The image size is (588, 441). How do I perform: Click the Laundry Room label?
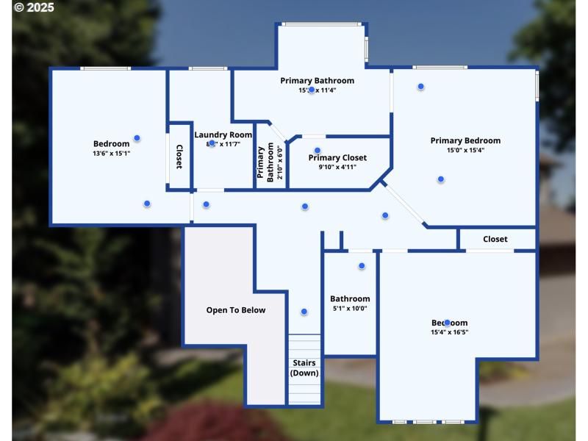[223, 135]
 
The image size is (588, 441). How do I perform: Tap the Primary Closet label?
[337, 157]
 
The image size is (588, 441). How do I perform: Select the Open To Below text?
[235, 310]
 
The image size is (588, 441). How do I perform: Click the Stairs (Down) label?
[304, 367]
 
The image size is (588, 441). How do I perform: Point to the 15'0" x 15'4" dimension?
[465, 151]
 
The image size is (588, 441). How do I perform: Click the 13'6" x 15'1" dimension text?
[111, 154]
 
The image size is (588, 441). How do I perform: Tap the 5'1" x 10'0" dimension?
[350, 309]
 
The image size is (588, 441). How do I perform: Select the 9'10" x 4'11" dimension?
[337, 167]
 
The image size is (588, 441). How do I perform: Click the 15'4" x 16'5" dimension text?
[449, 332]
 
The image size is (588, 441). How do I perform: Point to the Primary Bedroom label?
[465, 140]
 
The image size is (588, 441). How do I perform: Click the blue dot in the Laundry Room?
[212, 143]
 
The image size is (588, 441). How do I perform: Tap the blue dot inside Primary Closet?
[318, 150]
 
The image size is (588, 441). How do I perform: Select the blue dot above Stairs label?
[304, 312]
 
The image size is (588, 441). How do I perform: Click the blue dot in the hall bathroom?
[362, 266]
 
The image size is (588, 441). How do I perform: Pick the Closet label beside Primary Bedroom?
[495, 239]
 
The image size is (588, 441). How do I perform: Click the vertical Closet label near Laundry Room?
[179, 157]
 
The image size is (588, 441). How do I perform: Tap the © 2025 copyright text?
[29, 7]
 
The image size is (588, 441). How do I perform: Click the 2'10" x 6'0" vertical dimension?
[279, 163]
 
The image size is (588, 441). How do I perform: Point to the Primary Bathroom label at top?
[317, 80]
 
